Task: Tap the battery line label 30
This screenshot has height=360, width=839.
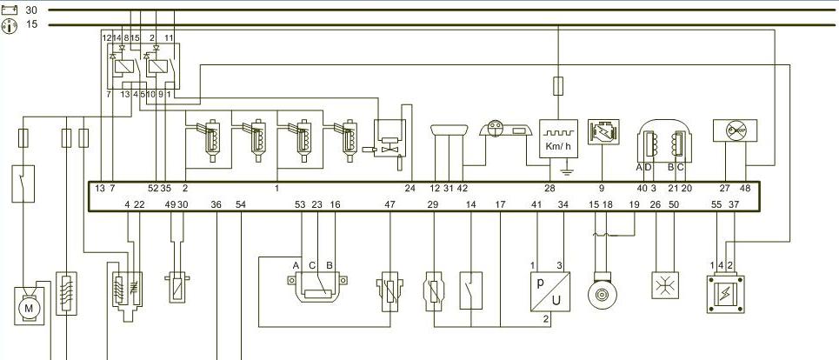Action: pos(32,9)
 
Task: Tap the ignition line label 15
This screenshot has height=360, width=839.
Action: pos(32,25)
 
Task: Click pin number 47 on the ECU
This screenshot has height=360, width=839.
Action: pos(390,204)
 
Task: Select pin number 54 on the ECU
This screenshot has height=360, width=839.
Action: pos(241,204)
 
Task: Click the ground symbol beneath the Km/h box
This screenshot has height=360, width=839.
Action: pos(565,172)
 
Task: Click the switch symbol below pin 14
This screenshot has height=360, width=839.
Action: pos(470,287)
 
